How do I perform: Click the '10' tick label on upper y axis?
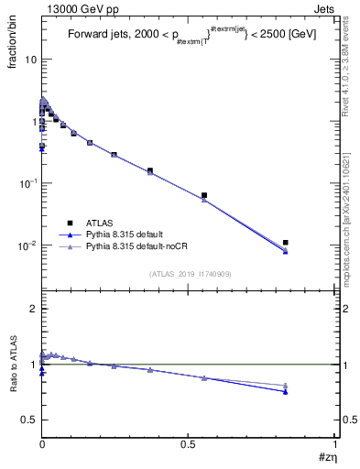click(x=29, y=60)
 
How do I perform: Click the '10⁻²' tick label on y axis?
click(x=27, y=245)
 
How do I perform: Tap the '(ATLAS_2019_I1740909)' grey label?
click(x=189, y=273)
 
